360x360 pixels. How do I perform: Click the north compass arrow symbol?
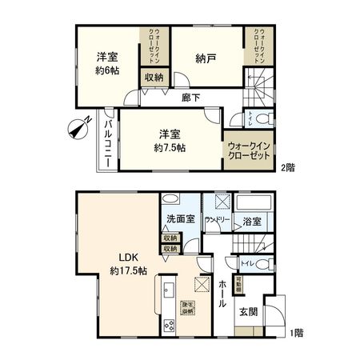click(79, 127)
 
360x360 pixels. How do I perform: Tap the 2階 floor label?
click(286, 168)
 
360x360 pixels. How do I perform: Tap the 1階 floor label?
click(295, 331)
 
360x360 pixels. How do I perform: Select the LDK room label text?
click(129, 257)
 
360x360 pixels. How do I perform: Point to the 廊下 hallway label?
click(190, 98)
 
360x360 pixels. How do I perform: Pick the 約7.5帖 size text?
click(170, 147)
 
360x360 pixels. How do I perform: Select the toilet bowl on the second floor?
click(267, 119)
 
